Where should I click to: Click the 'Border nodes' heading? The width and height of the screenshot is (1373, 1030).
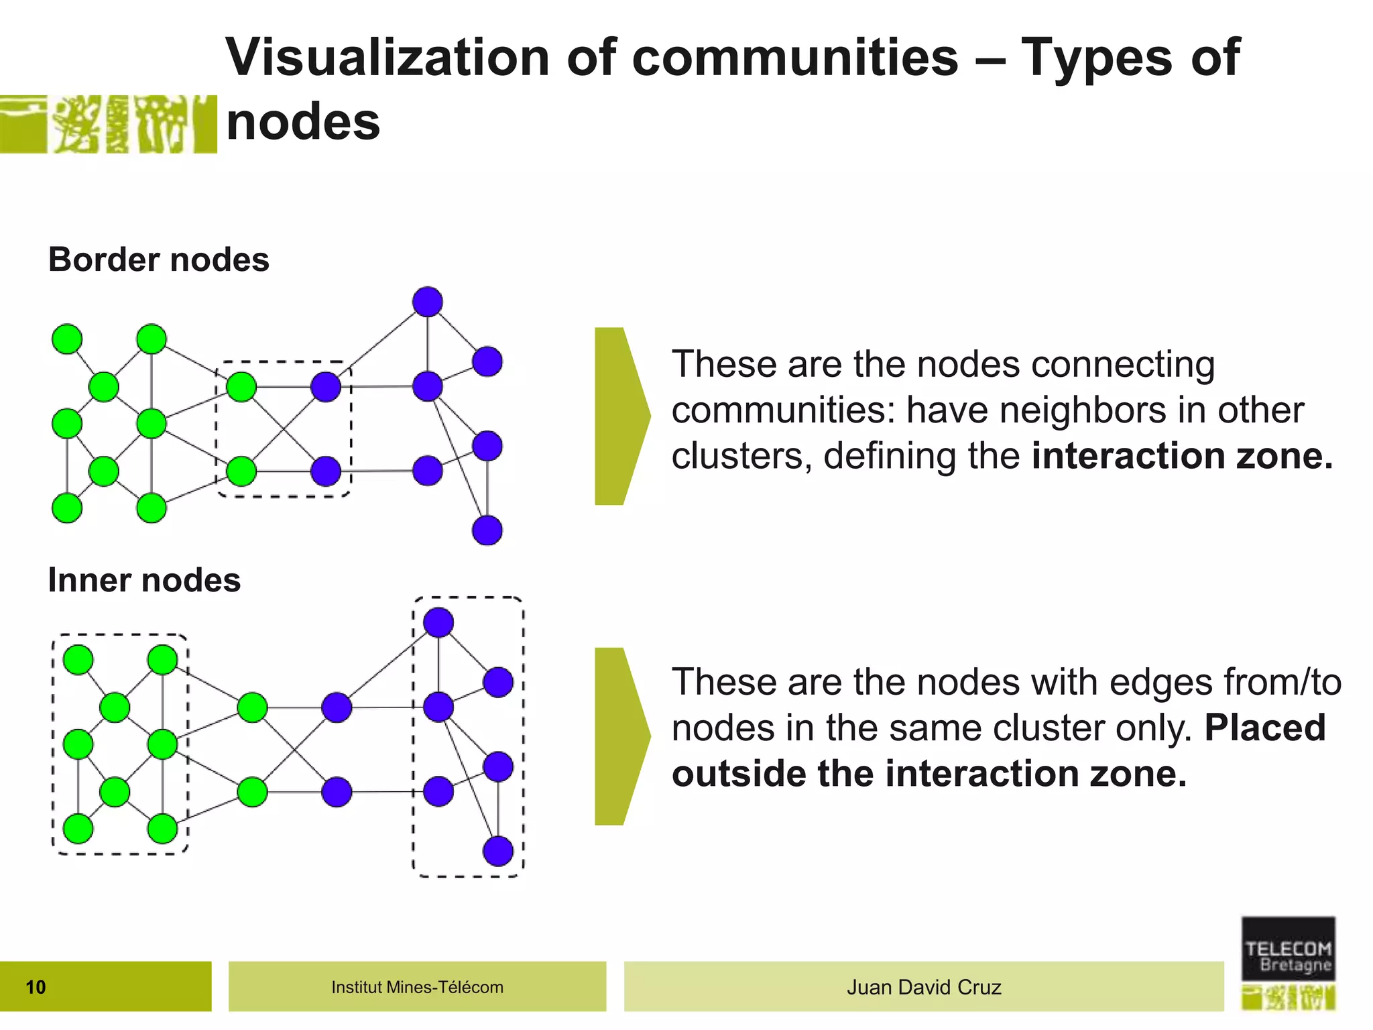[159, 260]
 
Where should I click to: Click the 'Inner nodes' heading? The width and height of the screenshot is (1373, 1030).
[144, 580]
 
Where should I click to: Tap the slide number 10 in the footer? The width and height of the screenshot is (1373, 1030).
[36, 987]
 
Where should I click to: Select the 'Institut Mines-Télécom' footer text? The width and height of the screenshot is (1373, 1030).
[417, 987]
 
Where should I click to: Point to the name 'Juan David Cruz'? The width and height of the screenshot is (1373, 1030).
[924, 987]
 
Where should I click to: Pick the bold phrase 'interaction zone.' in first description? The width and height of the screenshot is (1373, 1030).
[1183, 456]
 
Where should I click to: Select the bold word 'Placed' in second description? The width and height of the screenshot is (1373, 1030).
[1265, 728]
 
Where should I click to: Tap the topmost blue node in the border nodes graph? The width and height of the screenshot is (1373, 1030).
[428, 302]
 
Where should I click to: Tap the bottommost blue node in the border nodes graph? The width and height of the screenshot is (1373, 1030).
[487, 530]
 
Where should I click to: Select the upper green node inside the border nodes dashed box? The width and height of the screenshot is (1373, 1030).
[241, 387]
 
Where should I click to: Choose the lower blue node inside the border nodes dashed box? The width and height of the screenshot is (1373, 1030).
[326, 471]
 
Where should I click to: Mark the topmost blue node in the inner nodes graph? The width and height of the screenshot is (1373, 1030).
[438, 622]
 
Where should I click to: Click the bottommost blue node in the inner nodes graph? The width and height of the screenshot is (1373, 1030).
[498, 852]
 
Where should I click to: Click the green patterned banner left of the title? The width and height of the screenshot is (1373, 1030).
[108, 124]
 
